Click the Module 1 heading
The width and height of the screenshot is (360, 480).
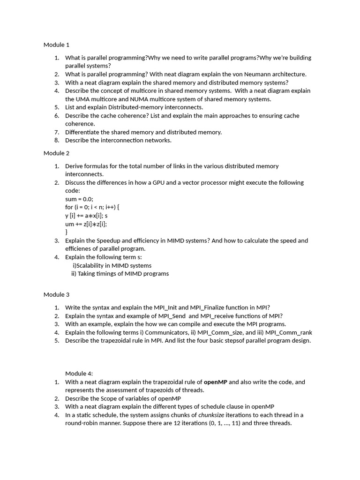[x=56, y=45]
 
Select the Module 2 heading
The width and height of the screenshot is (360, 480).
[x=56, y=153]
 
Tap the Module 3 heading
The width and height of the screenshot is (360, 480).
[x=56, y=295]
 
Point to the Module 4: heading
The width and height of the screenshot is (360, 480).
[x=79, y=374]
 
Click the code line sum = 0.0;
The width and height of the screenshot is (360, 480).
[x=79, y=199]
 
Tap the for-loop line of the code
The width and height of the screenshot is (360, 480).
[x=96, y=207]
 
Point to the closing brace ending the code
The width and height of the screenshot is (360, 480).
[x=67, y=232]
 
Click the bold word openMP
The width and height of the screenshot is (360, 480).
[x=215, y=382]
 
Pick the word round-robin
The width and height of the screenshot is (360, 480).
[x=82, y=423]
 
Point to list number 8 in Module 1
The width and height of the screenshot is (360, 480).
[x=56, y=140]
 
